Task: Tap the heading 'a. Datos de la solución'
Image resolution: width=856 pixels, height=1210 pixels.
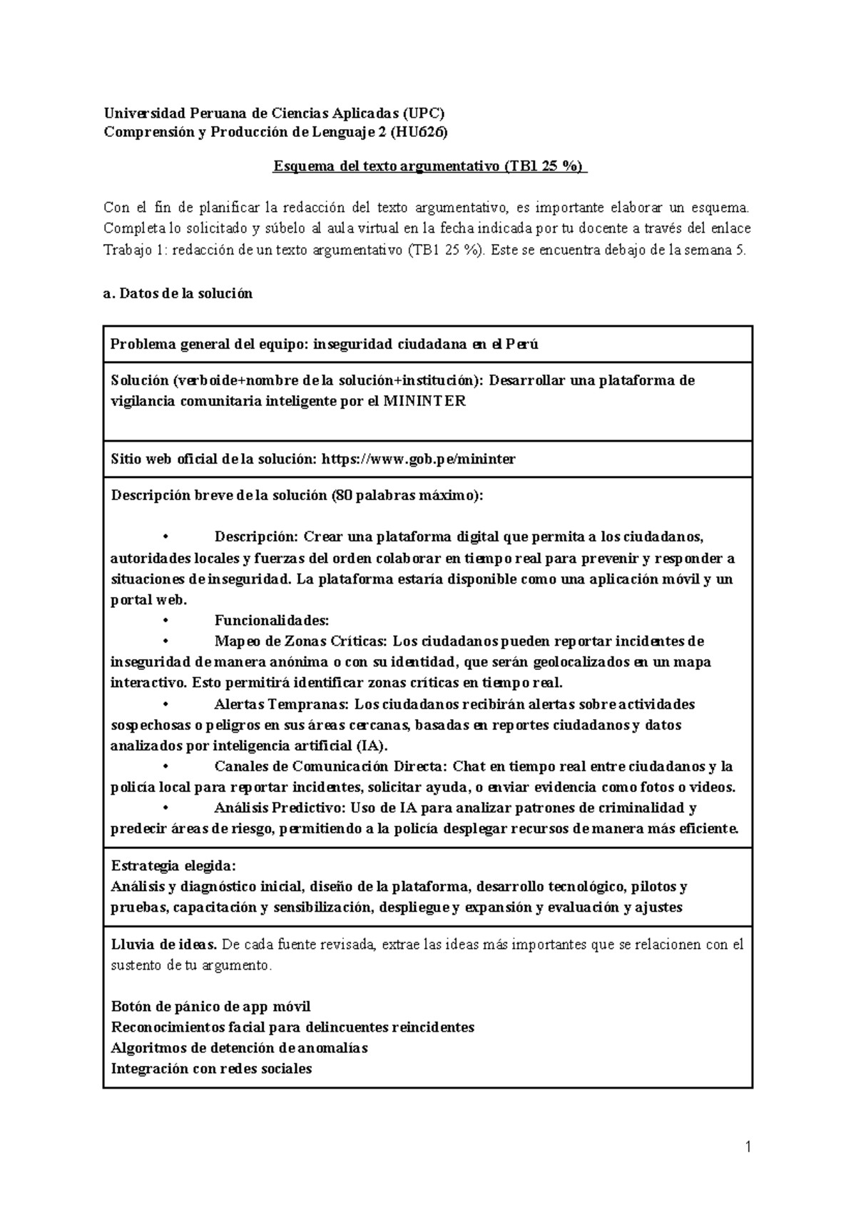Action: [178, 293]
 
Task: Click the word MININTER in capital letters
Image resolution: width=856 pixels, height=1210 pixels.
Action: [424, 401]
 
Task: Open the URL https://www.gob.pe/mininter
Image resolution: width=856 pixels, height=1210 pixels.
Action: [419, 459]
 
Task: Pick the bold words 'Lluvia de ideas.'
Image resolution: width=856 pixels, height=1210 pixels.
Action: [164, 945]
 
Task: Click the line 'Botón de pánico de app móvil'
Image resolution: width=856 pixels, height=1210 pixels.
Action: [211, 1007]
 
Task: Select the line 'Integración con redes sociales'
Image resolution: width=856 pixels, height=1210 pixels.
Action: [212, 1069]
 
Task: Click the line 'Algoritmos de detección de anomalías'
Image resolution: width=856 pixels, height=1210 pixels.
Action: [240, 1048]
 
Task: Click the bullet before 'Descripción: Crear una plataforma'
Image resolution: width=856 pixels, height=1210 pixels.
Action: [165, 537]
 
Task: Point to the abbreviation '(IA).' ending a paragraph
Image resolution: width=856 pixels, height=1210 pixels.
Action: [371, 746]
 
